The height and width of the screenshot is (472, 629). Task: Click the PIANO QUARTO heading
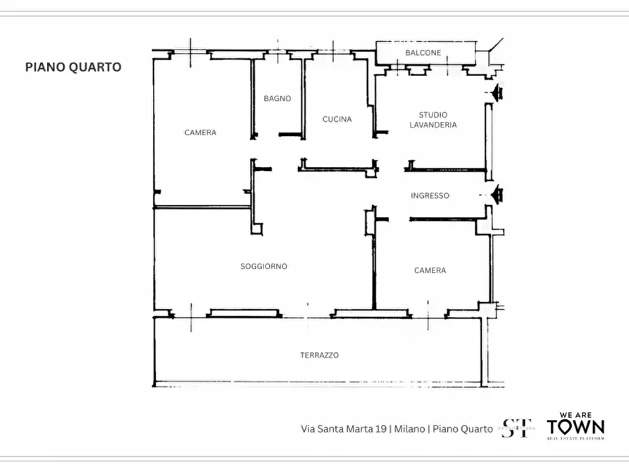click(73, 68)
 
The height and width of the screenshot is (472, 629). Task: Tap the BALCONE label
click(423, 53)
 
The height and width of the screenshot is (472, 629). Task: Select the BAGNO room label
click(278, 99)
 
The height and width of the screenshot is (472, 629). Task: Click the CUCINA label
click(337, 119)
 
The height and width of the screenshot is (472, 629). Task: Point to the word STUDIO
click(432, 115)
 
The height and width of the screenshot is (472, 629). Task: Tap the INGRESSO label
click(430, 196)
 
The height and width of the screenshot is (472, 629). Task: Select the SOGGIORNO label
click(263, 266)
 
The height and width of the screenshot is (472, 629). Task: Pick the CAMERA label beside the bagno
click(200, 132)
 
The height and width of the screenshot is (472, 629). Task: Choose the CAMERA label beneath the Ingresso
click(430, 271)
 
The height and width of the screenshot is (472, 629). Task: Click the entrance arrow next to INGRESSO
click(498, 194)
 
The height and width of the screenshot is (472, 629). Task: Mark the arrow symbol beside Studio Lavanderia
click(498, 92)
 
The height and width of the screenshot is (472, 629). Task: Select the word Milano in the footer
click(410, 428)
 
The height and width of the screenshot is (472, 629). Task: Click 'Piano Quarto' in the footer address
click(463, 428)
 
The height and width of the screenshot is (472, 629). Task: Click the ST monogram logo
click(516, 428)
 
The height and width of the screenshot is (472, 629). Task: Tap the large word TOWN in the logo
click(575, 427)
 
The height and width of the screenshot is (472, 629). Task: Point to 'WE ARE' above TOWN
click(575, 415)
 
